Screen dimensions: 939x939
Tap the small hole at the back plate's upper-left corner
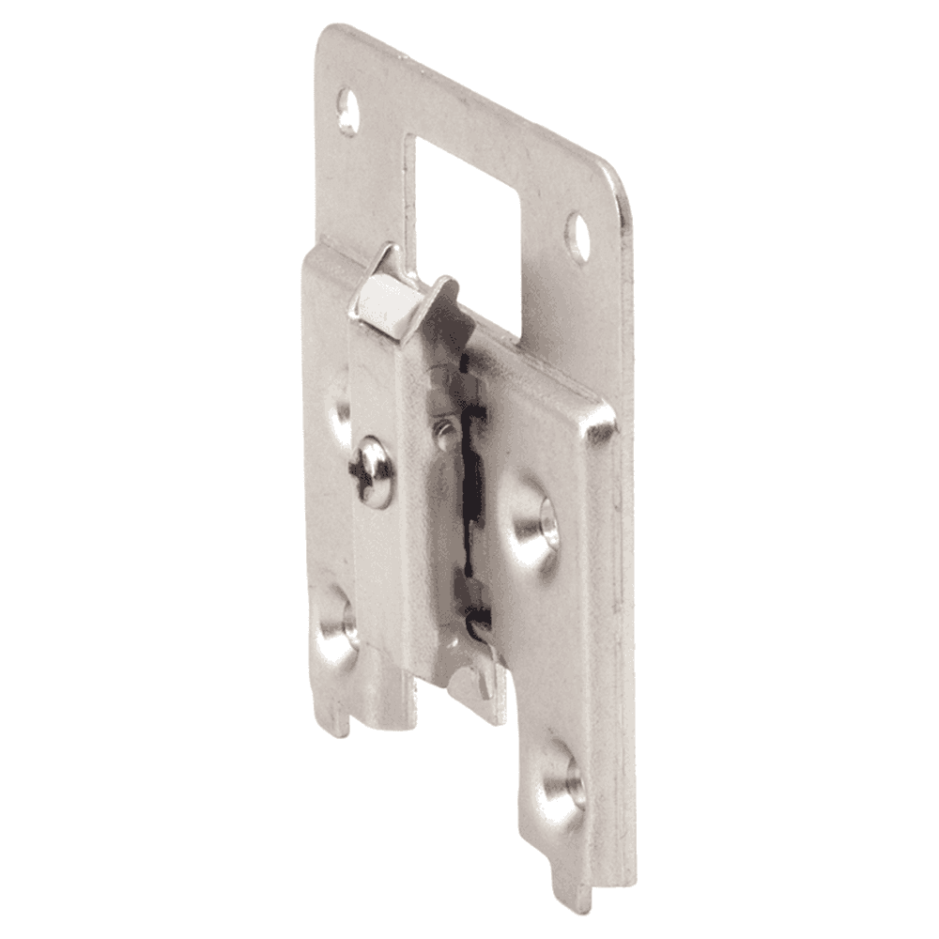[347, 111]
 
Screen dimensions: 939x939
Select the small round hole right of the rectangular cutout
[577, 236]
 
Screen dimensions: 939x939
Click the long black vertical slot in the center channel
[474, 488]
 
